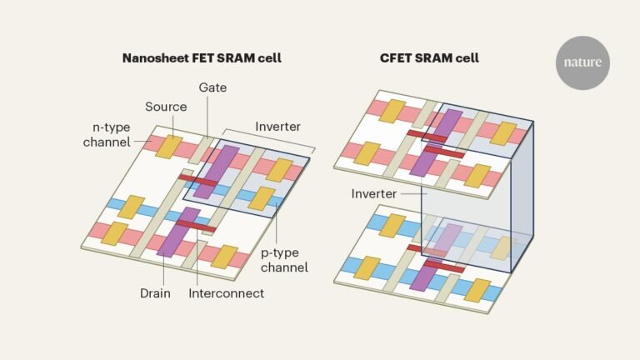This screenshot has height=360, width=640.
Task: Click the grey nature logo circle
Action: point(582,62)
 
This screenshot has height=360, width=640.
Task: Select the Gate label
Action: point(212,87)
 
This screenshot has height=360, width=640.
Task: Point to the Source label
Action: point(166,107)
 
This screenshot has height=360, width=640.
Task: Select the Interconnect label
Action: point(227,292)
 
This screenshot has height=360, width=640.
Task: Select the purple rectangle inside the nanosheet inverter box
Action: point(220,171)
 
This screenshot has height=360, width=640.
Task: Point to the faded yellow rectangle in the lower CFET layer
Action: point(499,247)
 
